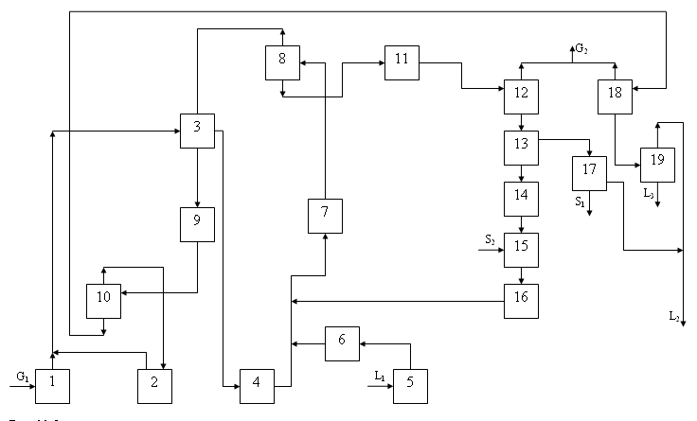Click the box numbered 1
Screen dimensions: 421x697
(53, 384)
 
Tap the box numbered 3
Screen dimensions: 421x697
(197, 131)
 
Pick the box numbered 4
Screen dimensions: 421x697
(257, 384)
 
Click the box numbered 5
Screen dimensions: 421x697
(410, 384)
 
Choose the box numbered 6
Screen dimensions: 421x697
(342, 343)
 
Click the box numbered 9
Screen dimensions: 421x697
(197, 224)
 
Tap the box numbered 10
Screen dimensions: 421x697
(103, 300)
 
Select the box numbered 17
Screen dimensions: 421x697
(589, 172)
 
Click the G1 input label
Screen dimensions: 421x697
(22, 377)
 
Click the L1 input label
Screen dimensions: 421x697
(380, 377)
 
